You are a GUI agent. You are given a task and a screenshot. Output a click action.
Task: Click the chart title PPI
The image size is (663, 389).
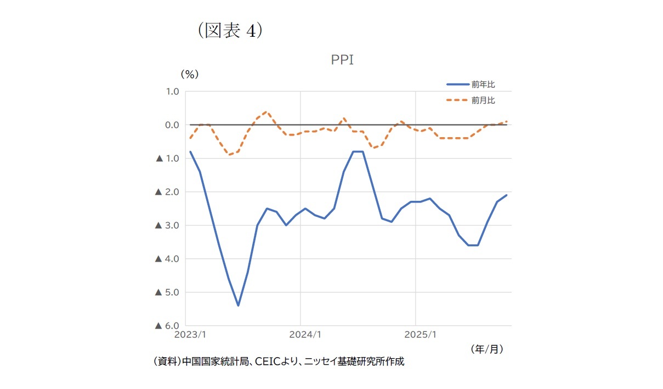point(342,60)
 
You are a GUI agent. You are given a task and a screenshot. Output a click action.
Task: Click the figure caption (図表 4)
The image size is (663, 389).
point(230,30)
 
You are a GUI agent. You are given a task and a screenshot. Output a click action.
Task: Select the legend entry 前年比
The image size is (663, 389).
point(483,84)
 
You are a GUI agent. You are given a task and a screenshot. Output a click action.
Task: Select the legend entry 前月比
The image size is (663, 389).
point(483,100)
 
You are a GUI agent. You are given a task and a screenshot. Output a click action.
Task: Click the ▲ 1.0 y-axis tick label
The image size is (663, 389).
point(168,159)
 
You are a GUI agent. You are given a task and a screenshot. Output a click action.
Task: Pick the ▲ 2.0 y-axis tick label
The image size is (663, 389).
point(168,192)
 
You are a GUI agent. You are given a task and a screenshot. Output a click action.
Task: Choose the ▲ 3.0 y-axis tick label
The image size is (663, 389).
point(168,225)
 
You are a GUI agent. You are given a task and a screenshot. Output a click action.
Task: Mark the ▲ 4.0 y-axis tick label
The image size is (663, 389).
point(168,258)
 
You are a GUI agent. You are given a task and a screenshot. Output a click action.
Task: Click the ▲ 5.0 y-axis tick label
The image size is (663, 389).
point(168,292)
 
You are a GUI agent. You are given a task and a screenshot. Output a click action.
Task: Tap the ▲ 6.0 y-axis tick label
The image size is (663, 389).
point(168,325)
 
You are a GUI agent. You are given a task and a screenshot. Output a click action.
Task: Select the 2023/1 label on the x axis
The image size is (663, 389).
point(190,334)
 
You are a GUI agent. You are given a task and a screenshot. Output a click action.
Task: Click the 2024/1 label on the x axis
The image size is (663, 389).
point(301,334)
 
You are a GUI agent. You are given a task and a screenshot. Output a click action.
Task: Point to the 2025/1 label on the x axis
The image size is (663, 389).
point(415,334)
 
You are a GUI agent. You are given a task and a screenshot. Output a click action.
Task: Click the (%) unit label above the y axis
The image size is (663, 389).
point(189,74)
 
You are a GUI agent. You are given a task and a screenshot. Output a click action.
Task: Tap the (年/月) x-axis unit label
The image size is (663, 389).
point(486,348)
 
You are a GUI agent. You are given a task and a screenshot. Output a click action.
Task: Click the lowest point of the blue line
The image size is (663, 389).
point(238,306)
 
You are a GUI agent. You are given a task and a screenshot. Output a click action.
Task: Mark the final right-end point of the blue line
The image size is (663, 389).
point(506,195)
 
